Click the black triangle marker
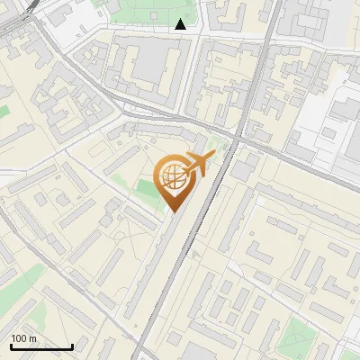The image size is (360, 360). click(x=181, y=24)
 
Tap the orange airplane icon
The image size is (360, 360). click(x=198, y=164)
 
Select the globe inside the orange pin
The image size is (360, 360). click(x=174, y=178)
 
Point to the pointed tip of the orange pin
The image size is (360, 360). click(x=174, y=212)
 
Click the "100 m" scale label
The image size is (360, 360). click(x=23, y=338)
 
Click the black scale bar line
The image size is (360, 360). click(x=41, y=346)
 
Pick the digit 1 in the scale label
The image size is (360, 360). click(x=13, y=338)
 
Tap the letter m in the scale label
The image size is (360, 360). click(x=32, y=338)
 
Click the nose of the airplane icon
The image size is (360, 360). click(x=213, y=155)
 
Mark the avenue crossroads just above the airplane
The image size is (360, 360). click(x=236, y=135)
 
